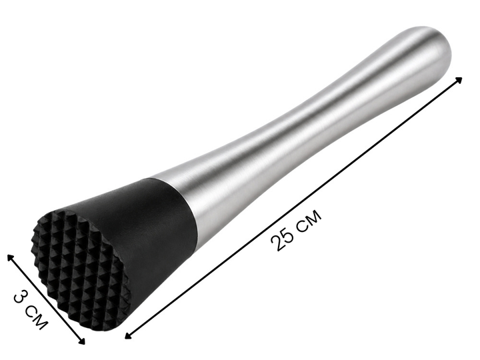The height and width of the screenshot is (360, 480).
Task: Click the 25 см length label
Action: tap(296, 230)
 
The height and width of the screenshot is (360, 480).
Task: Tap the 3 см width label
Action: tap(31, 311)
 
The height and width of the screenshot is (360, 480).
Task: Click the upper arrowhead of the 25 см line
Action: tap(458, 80)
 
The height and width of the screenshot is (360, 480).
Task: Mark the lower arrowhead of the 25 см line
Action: tap(129, 335)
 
